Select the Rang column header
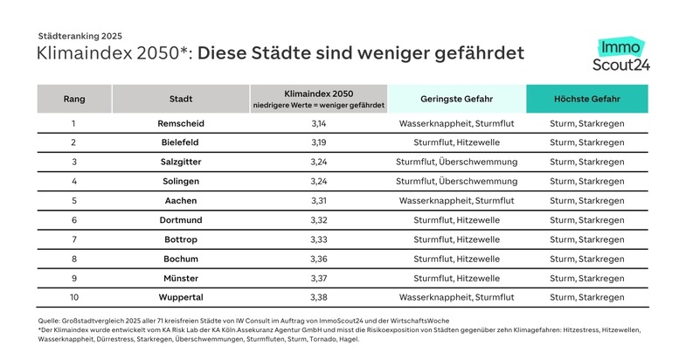tap(74, 99)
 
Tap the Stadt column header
tap(181, 99)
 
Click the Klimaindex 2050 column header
tap(317, 99)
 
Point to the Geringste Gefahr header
tap(456, 99)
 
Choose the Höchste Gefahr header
tap(587, 99)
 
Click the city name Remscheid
tap(181, 123)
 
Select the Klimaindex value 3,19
tap(317, 142)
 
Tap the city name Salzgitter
tap(181, 162)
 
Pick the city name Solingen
tap(181, 181)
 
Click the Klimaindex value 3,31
tap(317, 201)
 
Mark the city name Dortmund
tap(181, 220)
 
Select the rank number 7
tap(74, 239)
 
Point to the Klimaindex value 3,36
tap(317, 259)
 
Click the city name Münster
tap(181, 278)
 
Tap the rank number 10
tap(74, 297)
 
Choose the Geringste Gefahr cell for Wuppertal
tap(456, 297)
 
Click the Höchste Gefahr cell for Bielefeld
tap(587, 142)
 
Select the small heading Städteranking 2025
tap(80, 36)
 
